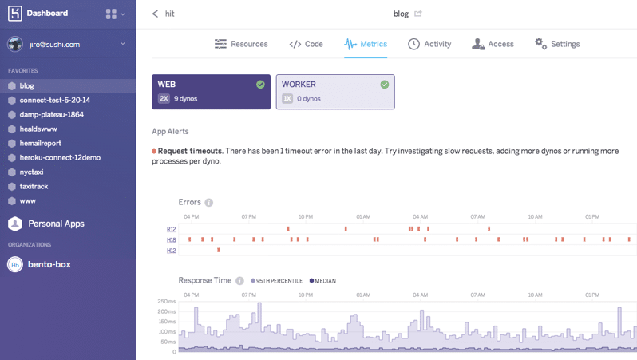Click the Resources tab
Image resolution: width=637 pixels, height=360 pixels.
[241, 44]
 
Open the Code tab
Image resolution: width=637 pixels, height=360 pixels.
[306, 44]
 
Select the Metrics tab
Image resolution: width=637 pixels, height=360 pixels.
[366, 44]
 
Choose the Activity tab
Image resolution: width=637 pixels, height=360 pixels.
[429, 44]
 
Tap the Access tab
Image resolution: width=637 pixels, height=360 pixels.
[493, 44]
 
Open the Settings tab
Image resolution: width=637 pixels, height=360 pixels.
[557, 44]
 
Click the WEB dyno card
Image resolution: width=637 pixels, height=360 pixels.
[211, 92]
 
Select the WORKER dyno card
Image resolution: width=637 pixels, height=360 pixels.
[335, 92]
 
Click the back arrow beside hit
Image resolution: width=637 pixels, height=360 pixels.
[156, 14]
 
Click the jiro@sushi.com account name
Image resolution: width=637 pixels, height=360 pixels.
[54, 44]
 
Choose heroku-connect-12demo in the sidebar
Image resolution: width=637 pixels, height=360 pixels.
[60, 157]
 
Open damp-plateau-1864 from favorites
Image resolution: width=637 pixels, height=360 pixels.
[51, 114]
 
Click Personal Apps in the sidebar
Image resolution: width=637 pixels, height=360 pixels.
[56, 224]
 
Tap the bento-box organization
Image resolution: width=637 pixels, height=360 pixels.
[49, 264]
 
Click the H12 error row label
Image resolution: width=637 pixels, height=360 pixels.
[171, 251]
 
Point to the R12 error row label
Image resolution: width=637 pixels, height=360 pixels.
[171, 229]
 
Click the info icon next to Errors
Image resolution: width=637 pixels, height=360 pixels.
[209, 203]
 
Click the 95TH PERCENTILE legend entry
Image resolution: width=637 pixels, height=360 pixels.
[277, 281]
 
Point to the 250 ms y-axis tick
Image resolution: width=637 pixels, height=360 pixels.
[166, 301]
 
